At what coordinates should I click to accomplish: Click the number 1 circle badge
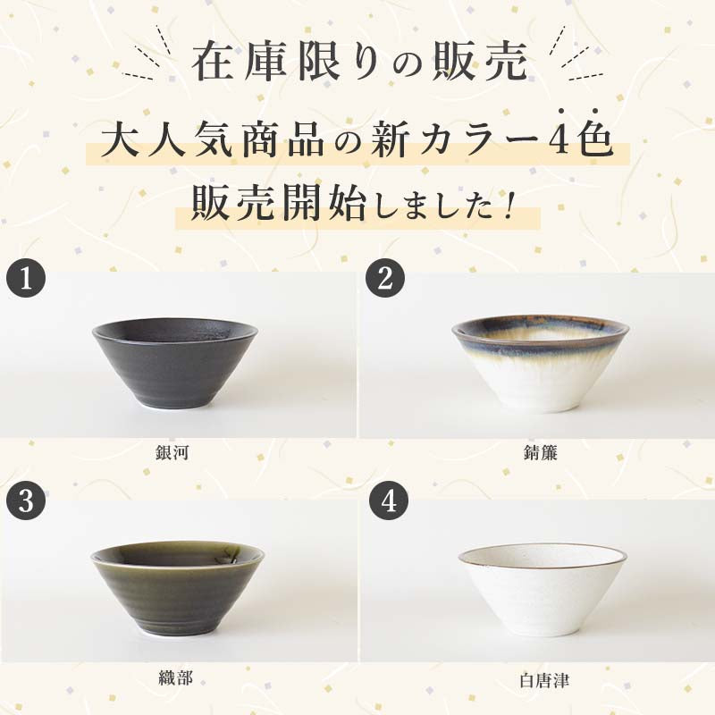pos(26,278)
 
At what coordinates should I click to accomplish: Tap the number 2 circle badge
pos(385,278)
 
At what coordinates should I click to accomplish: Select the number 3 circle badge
pos(26,500)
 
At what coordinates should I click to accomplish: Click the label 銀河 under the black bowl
pos(172,452)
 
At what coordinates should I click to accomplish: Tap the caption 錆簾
pos(541,452)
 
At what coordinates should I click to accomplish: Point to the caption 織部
pos(175,678)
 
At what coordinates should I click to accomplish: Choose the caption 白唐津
pos(544,680)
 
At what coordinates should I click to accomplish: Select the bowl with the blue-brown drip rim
pos(541,365)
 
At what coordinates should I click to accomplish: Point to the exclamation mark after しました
pos(507,208)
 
